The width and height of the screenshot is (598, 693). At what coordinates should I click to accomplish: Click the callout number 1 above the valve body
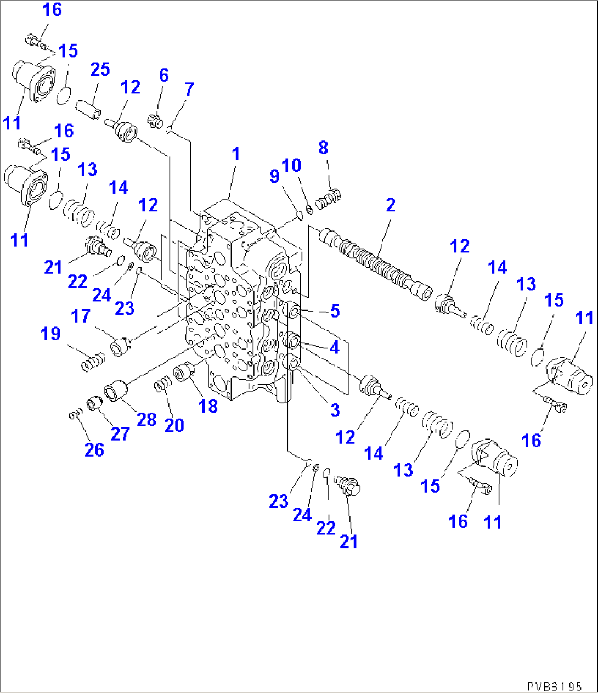click(x=236, y=154)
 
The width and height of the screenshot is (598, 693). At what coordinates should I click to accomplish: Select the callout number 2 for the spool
click(x=390, y=205)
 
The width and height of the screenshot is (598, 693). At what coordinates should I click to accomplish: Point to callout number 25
click(x=100, y=69)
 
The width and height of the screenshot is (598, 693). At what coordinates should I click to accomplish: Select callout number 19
click(x=50, y=334)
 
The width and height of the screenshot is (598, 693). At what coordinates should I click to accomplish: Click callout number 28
click(x=146, y=420)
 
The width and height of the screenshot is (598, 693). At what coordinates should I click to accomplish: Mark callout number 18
click(x=208, y=406)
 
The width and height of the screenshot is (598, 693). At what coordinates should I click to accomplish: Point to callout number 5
click(x=335, y=311)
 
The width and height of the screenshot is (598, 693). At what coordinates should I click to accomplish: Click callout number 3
click(x=335, y=409)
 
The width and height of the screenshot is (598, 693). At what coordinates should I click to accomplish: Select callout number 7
click(x=189, y=89)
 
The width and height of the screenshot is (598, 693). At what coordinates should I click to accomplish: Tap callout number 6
click(x=163, y=75)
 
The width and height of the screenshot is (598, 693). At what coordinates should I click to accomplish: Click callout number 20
click(x=174, y=425)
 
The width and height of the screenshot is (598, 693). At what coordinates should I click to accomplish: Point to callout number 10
click(x=291, y=165)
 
